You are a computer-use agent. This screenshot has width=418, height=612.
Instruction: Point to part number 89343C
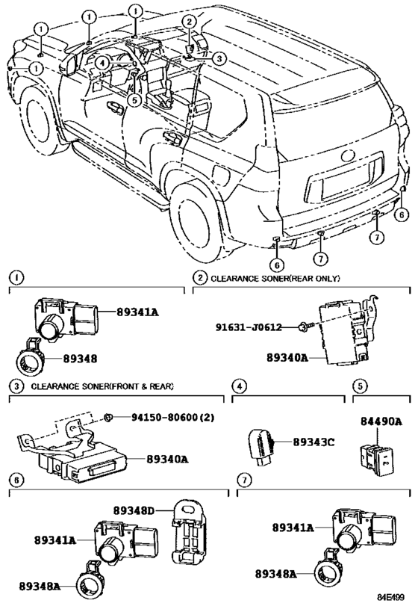[x=313, y=442]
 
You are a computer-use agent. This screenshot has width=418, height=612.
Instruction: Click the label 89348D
[x=134, y=510]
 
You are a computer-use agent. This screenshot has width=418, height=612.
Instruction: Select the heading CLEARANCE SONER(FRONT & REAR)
[x=102, y=386]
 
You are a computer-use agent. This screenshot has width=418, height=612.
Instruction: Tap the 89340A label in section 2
[x=287, y=358]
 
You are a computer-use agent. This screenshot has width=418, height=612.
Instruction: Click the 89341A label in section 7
[x=292, y=528]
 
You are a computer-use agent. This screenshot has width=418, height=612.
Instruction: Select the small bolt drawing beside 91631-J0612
[x=302, y=327]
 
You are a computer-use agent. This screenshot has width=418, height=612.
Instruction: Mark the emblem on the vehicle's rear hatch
[x=349, y=157]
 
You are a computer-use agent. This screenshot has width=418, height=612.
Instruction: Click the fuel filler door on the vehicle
[x=220, y=177]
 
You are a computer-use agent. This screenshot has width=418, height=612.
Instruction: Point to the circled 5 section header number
[x=360, y=386]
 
